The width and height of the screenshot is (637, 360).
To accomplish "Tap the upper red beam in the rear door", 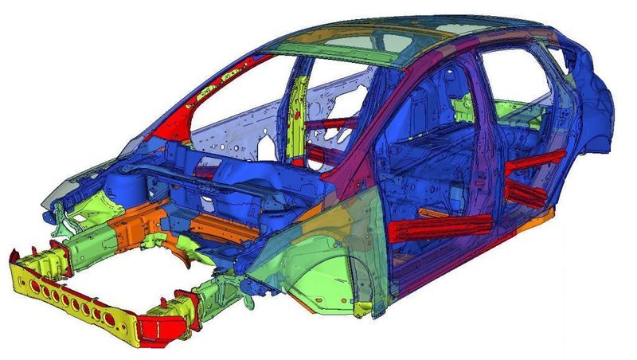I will tap(535, 162).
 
